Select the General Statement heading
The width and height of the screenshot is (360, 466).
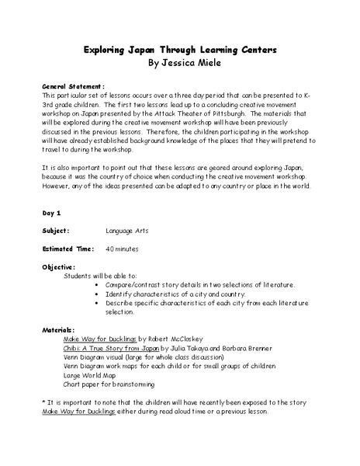tap(74, 87)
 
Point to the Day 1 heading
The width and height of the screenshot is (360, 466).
tap(53, 211)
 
